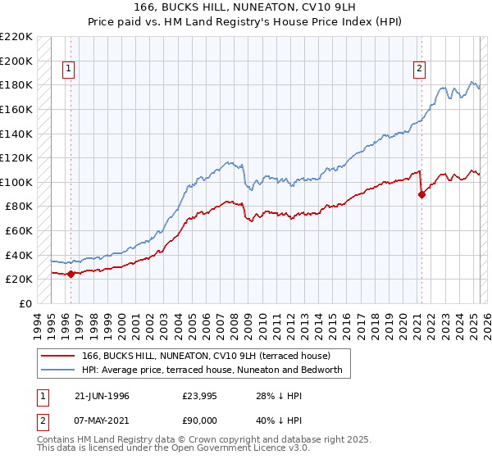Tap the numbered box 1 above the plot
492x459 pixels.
coord(68,70)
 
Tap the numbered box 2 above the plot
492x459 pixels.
coord(419,70)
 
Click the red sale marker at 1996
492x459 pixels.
coord(71,274)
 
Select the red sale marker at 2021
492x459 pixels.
coord(422,194)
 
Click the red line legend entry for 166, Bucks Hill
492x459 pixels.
coord(206,356)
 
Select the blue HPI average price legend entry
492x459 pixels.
coord(216,370)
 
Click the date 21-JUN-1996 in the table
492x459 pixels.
coord(102,396)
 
